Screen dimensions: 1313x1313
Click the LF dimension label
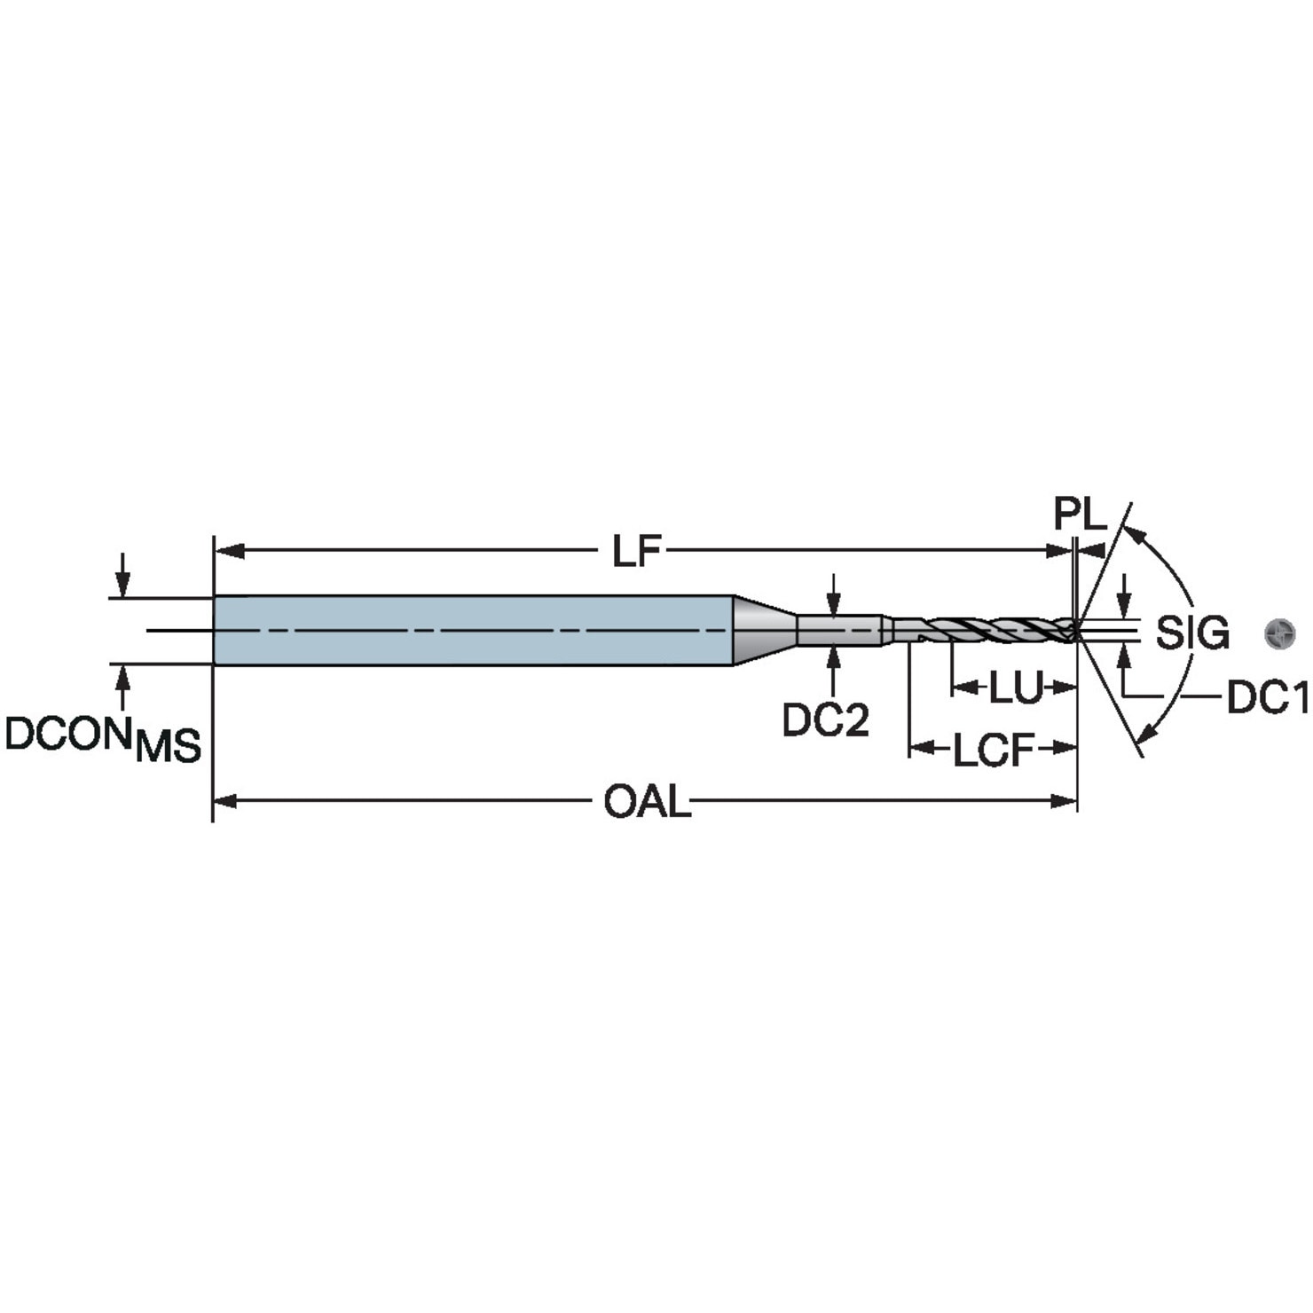tap(637, 552)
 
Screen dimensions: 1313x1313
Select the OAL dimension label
tap(647, 803)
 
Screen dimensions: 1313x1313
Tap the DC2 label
tap(826, 719)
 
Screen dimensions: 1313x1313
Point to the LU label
tap(1015, 688)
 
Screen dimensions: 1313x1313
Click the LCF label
tap(994, 751)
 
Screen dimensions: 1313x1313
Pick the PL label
tap(1081, 515)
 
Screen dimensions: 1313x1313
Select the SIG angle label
tap(1192, 633)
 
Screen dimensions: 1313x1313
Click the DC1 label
tap(1268, 699)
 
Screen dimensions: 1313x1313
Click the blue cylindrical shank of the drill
tap(473, 631)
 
